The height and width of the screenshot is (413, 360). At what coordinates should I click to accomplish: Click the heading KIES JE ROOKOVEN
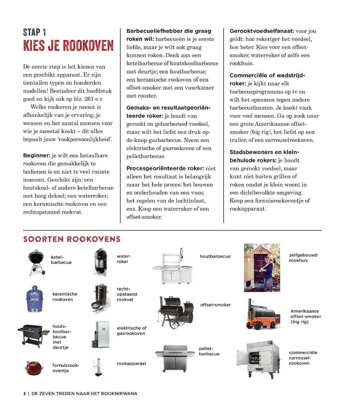click(x=68, y=46)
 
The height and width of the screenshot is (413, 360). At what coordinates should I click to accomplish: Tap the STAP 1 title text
click(x=34, y=32)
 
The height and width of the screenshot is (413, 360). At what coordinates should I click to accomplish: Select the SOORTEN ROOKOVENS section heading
click(x=72, y=239)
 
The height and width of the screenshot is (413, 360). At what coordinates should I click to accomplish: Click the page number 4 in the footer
click(x=24, y=393)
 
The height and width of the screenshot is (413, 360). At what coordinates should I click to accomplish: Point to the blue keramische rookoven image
click(x=34, y=299)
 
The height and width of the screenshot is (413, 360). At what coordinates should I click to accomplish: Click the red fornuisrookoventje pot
click(x=34, y=368)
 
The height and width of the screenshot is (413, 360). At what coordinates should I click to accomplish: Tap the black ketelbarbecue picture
click(x=36, y=262)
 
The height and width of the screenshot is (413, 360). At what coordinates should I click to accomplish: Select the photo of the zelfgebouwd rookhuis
click(x=262, y=268)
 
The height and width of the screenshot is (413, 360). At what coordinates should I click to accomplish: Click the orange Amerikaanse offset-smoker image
click(x=263, y=315)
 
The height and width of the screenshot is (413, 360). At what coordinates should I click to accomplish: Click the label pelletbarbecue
click(x=209, y=351)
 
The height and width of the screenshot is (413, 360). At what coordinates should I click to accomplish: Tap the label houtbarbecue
click(x=215, y=256)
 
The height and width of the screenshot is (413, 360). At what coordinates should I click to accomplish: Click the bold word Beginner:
click(x=37, y=155)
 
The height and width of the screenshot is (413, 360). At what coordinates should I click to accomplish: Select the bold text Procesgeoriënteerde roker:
click(x=165, y=168)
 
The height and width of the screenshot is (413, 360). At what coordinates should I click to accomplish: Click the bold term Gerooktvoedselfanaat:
click(x=262, y=31)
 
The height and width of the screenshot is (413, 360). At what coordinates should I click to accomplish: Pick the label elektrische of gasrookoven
click(x=131, y=331)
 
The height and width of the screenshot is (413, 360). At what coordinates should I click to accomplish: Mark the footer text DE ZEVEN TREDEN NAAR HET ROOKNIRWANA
click(x=84, y=393)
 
